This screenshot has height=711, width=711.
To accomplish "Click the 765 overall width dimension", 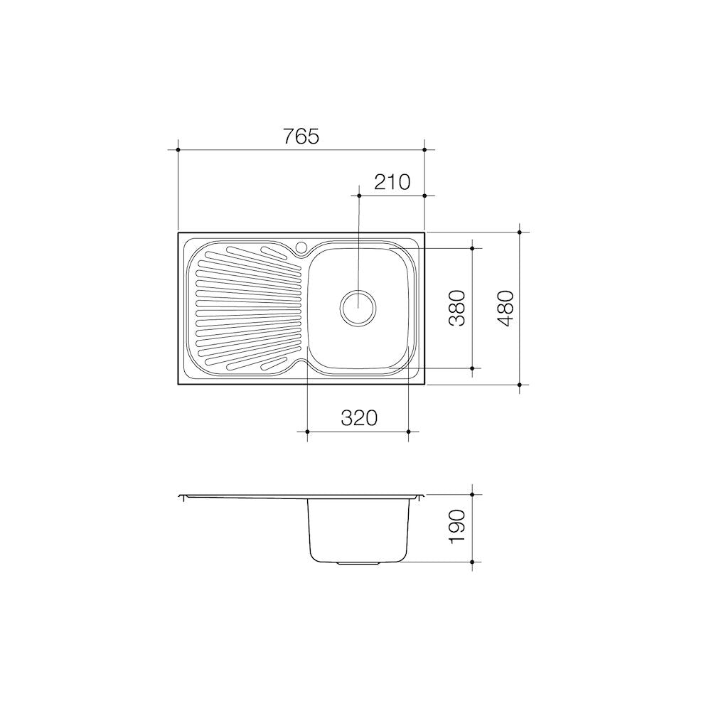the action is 301,136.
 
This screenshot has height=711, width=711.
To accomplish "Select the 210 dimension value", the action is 392,182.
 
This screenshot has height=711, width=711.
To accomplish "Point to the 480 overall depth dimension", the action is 505,309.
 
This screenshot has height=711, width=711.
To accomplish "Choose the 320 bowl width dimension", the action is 358,417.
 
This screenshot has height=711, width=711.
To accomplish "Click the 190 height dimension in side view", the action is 456,525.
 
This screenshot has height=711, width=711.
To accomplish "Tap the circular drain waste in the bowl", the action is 358,308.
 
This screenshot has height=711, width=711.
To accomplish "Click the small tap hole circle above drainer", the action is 301,247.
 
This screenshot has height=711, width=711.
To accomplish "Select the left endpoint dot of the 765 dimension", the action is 178,149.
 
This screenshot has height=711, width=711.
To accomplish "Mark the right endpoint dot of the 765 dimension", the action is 424,149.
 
